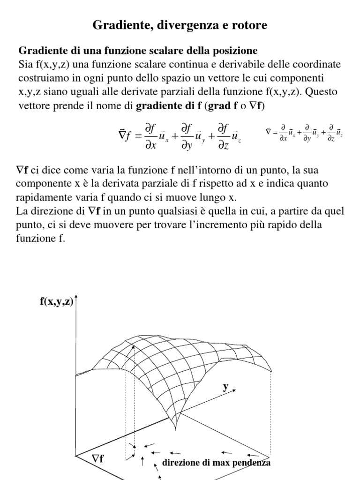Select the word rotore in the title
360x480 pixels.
(250, 25)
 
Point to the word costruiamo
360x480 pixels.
(41, 77)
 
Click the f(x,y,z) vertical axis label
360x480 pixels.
(56, 302)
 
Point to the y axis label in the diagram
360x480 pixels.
(225, 387)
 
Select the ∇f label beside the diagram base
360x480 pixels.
(97, 458)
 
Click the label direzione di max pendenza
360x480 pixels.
(216, 463)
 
